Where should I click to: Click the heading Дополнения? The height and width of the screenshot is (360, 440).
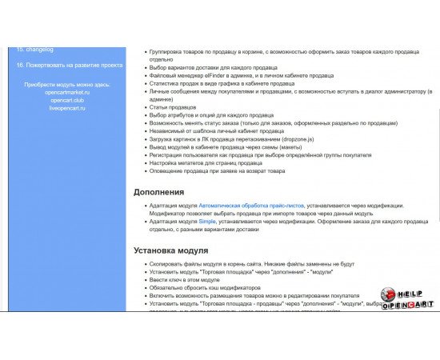[x=158, y=192]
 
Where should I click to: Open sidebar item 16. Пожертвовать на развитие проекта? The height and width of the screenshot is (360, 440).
[x=69, y=65]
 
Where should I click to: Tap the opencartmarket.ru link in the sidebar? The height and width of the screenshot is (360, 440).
[x=67, y=92]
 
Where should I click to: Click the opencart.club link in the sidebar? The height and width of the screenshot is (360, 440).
[x=67, y=100]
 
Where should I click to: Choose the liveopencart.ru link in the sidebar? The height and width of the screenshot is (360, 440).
[x=67, y=108]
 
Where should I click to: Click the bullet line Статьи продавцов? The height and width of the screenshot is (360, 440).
[x=173, y=107]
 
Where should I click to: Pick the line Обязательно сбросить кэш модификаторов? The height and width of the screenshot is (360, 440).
[x=205, y=288]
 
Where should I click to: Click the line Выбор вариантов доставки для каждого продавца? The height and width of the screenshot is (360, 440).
[x=213, y=68]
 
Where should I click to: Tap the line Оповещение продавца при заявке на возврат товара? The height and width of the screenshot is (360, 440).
[x=217, y=171]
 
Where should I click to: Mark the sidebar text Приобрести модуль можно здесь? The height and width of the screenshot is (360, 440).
[x=67, y=84]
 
